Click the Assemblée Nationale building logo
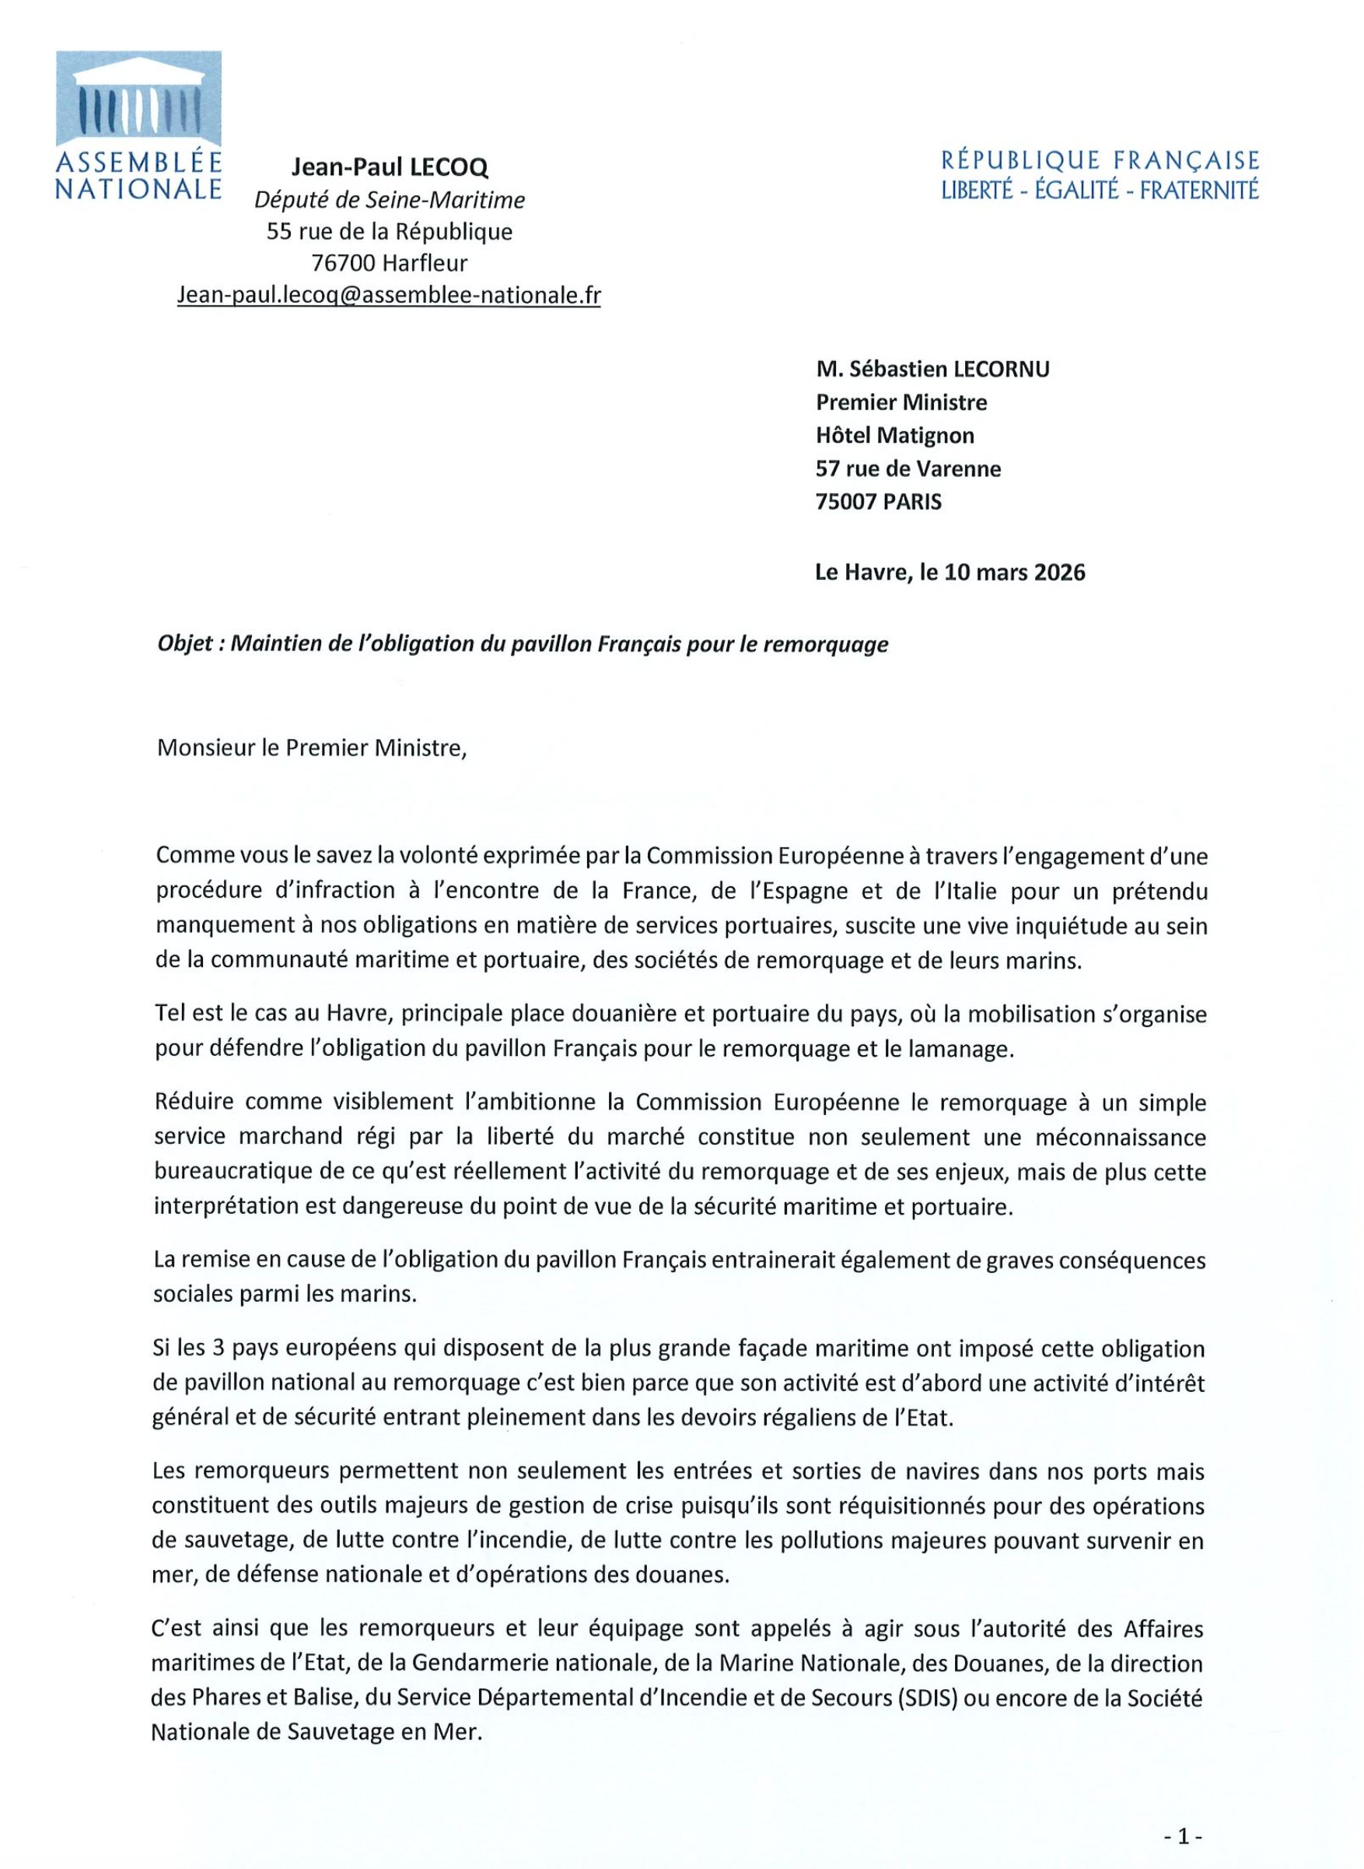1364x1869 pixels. [138, 98]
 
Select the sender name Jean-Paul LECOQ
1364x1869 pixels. [389, 167]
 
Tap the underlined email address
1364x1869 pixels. [389, 295]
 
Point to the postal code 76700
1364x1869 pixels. [343, 264]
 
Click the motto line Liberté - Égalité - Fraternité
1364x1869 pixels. [1100, 191]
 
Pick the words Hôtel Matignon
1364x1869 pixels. [895, 435]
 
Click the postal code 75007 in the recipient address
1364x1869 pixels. [844, 501]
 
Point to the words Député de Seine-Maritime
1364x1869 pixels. [389, 200]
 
